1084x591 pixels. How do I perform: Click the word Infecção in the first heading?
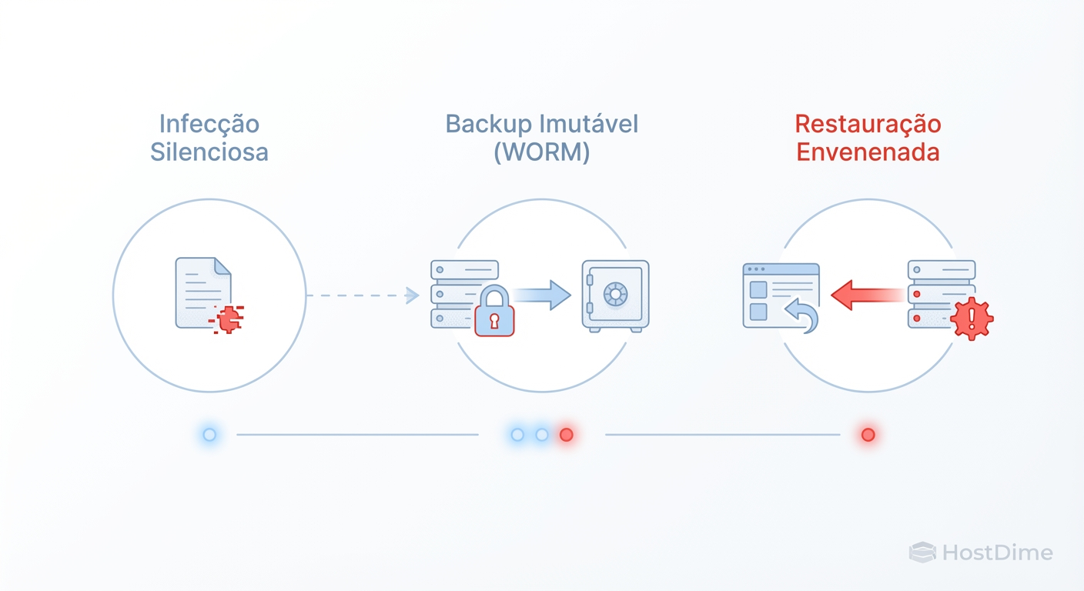click(209, 124)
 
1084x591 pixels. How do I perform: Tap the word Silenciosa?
click(209, 152)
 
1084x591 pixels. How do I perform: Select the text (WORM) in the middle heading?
click(542, 152)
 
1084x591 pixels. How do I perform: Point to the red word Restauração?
click(868, 124)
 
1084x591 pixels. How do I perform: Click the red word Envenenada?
click(868, 152)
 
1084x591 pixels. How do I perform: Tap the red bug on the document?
click(226, 319)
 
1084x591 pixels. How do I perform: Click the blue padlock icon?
click(494, 312)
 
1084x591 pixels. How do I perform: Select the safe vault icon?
click(615, 296)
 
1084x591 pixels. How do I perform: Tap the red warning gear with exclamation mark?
click(972, 319)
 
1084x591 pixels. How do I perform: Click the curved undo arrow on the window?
click(801, 316)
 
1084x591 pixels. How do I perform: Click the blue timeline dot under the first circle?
click(209, 435)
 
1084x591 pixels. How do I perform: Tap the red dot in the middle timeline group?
click(566, 435)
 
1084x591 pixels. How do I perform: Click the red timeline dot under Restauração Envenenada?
click(868, 435)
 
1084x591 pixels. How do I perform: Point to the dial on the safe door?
click(615, 294)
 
